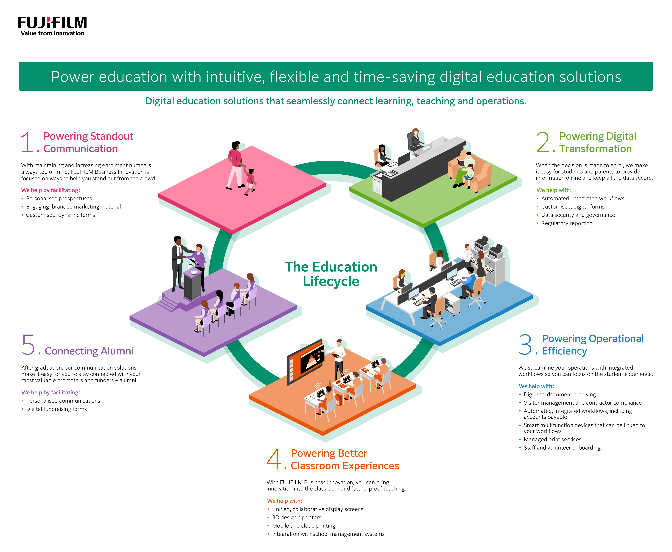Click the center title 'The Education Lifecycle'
331,274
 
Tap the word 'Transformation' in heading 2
595,149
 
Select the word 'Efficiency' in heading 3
564,351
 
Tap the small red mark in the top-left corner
48,20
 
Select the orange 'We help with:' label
285,501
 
